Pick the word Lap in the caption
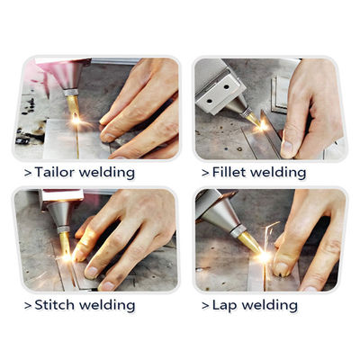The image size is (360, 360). click(x=224, y=304)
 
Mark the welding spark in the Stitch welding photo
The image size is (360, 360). click(x=65, y=256)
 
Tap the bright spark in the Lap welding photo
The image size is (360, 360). click(x=264, y=256)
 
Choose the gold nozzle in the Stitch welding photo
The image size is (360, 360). click(x=64, y=240)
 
